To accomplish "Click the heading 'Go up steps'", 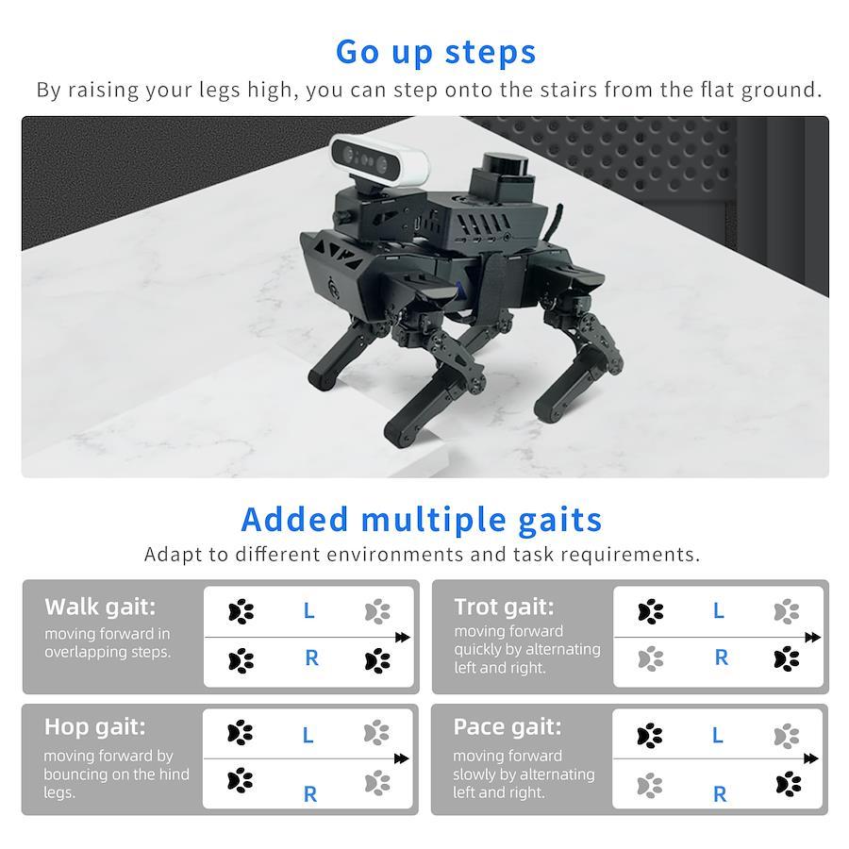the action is point(436,53).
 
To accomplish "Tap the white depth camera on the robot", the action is point(379,160).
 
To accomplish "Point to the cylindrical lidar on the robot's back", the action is point(506,162).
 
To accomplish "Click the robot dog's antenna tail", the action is point(553,222).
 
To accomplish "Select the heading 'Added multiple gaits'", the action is point(422,520).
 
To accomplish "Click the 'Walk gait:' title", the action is point(100,607).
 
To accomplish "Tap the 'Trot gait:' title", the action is point(504,607).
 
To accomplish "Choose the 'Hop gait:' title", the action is point(94,726).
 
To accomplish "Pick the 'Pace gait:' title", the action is point(508,726).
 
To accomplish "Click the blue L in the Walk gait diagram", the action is point(308,610).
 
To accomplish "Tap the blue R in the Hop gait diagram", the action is point(309,794).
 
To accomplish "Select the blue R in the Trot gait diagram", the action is point(722,658).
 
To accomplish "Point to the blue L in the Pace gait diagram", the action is point(718,735).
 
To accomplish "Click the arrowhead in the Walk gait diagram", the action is point(402,638).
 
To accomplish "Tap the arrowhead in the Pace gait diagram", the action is point(810,758).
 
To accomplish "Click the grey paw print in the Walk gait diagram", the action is point(377,611).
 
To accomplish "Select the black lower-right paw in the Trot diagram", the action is point(787,658).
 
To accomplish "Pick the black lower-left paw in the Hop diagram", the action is point(240,780).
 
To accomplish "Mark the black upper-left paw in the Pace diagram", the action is point(650,736).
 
